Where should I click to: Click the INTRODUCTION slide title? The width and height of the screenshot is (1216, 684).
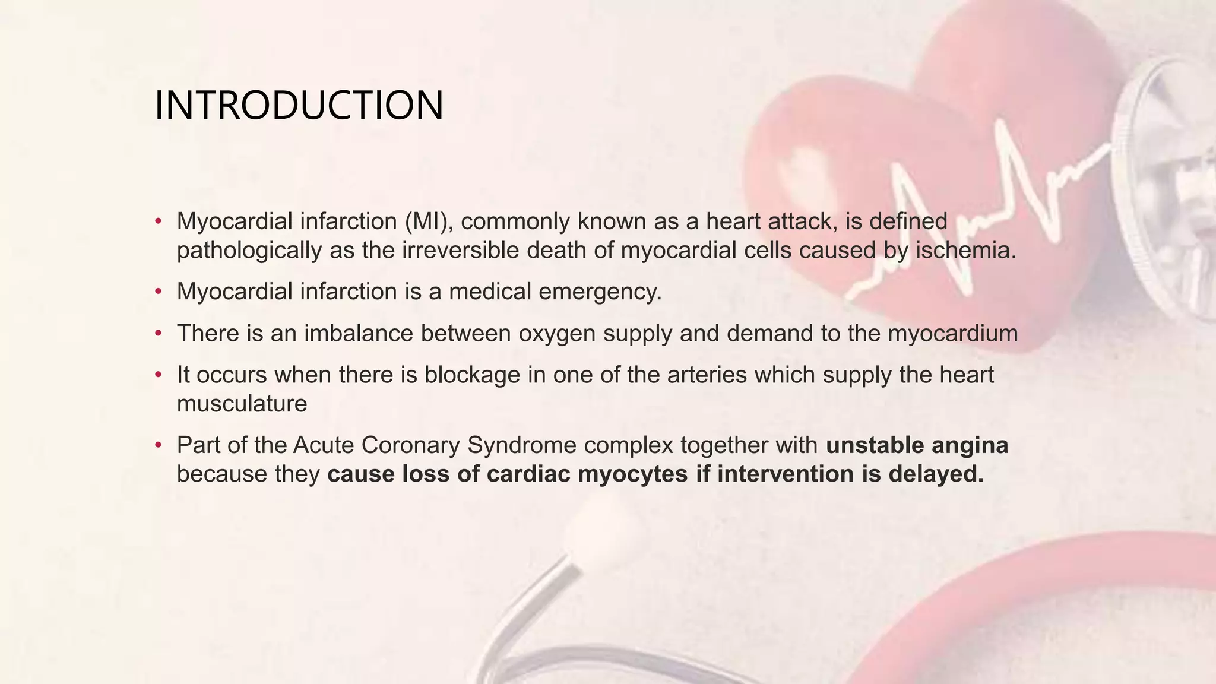(299, 106)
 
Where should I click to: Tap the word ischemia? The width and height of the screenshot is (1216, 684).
(966, 251)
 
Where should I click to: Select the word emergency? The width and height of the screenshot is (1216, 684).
(600, 292)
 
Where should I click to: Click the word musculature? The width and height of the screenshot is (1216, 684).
(242, 404)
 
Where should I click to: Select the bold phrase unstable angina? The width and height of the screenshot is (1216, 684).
(917, 445)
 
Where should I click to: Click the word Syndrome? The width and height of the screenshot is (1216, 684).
(522, 445)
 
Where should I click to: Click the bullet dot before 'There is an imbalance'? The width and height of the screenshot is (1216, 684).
(158, 334)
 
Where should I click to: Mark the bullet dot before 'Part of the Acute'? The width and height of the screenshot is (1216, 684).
(158, 445)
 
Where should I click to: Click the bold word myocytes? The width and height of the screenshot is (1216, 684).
(632, 474)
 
